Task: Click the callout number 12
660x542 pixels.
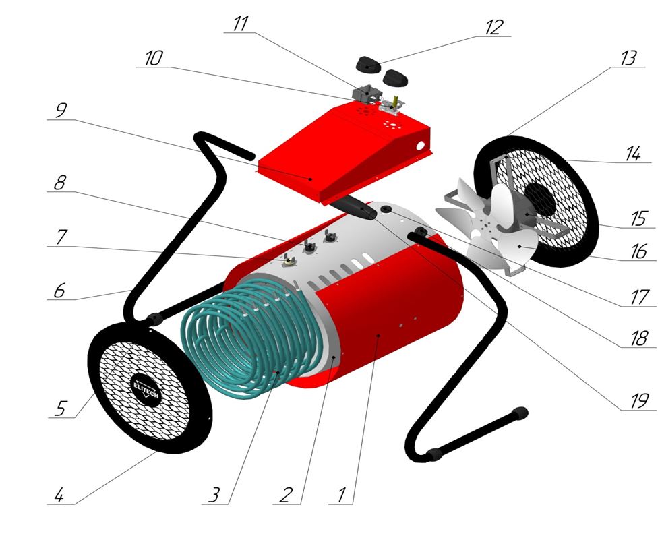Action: tap(494, 28)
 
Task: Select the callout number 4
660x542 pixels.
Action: tap(59, 495)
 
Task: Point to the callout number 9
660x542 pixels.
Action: tap(61, 111)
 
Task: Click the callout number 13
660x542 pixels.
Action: tap(628, 58)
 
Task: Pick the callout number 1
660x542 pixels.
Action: tap(342, 495)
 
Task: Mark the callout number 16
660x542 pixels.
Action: tap(639, 251)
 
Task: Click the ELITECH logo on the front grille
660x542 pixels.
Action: tap(146, 390)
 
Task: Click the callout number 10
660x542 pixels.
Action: tap(153, 58)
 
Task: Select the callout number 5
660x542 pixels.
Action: tap(61, 408)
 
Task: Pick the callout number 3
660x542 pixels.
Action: tap(214, 495)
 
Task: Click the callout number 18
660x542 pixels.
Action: tap(639, 338)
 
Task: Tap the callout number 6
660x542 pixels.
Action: tap(60, 291)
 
